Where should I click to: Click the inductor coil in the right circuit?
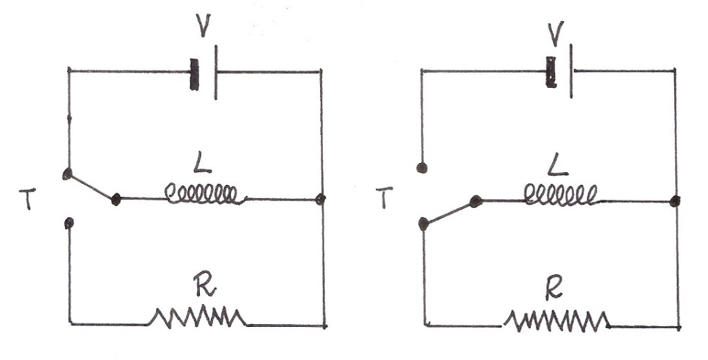[x=560, y=196]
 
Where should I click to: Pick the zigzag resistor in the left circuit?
[x=198, y=317]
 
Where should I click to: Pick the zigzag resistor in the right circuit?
[x=557, y=320]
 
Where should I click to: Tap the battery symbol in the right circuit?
[x=560, y=73]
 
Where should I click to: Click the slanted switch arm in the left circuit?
[x=91, y=187]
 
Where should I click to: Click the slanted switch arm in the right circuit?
[x=449, y=212]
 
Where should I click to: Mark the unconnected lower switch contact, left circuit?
[x=69, y=222]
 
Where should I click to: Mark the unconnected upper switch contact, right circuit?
[x=422, y=167]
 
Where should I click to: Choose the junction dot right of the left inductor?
[x=321, y=200]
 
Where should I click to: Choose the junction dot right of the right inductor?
[x=675, y=201]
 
